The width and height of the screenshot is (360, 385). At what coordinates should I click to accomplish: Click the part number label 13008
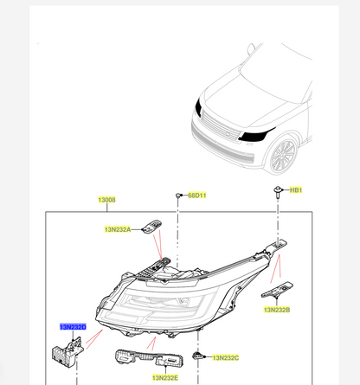pyautogui.click(x=106, y=200)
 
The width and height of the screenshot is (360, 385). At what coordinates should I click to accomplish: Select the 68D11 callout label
pyautogui.click(x=197, y=196)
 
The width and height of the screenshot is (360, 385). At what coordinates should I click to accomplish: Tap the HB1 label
pyautogui.click(x=296, y=189)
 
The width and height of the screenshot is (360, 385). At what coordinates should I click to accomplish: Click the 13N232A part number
pyautogui.click(x=118, y=229)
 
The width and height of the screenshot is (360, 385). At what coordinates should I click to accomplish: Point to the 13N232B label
pyautogui.click(x=277, y=308)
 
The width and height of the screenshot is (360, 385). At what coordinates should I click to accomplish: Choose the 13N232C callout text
pyautogui.click(x=226, y=357)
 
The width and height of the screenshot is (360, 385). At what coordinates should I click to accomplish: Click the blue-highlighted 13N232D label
pyautogui.click(x=73, y=327)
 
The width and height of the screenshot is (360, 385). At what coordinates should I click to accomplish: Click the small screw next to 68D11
pyautogui.click(x=178, y=196)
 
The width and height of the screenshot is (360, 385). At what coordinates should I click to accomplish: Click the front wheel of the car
pyautogui.click(x=283, y=157)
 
